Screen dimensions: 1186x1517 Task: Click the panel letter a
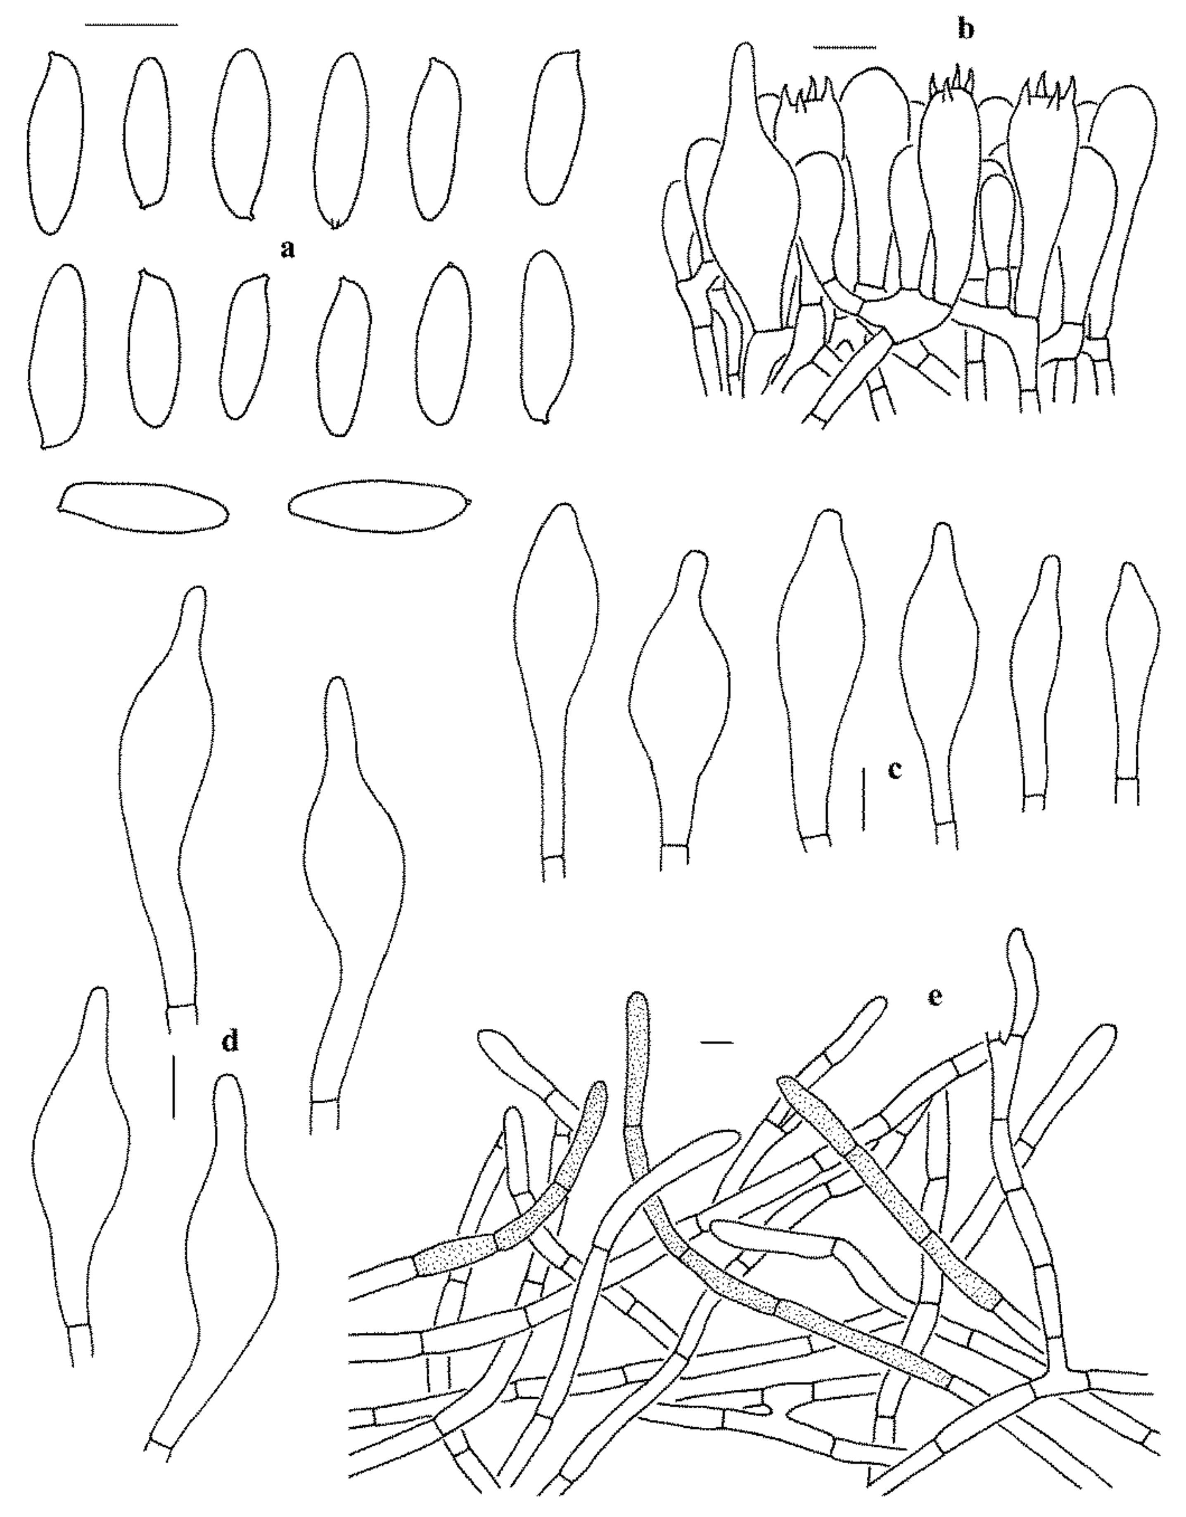tap(287, 248)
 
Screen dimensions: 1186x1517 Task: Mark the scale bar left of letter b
tap(845, 47)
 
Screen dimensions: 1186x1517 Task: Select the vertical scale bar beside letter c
tap(864, 799)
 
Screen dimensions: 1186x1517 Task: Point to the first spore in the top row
tap(56, 143)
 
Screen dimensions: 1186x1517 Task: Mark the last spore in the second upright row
tap(548, 336)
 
